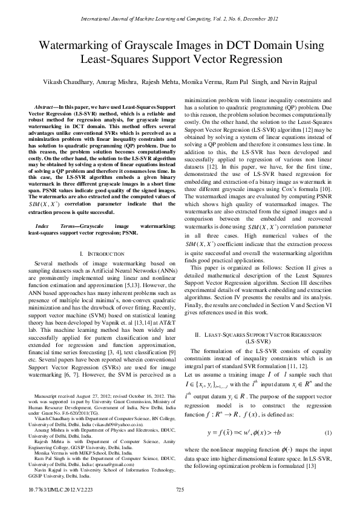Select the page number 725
click(180, 490)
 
